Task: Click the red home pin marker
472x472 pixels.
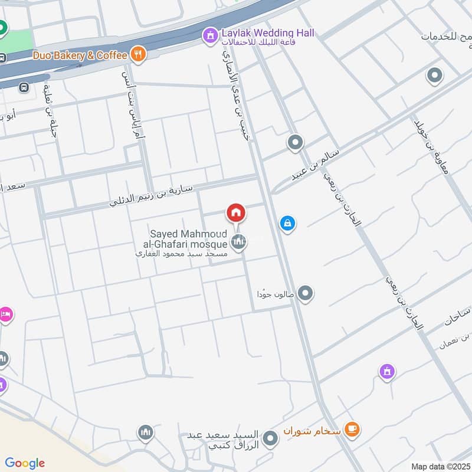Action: (235, 212)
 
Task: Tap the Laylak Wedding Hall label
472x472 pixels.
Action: (268, 33)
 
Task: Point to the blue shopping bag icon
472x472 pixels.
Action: (287, 223)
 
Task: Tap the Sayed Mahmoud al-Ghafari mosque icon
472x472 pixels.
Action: (238, 241)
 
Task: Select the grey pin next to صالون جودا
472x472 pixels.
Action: (305, 293)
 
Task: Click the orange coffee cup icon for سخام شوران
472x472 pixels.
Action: (352, 428)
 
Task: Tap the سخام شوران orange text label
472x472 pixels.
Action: (312, 429)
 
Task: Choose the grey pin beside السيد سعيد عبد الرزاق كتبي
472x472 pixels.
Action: (270, 438)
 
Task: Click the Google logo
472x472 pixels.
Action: (25, 463)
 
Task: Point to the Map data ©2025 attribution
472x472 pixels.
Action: (440, 466)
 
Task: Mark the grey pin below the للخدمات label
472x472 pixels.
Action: (434, 76)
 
